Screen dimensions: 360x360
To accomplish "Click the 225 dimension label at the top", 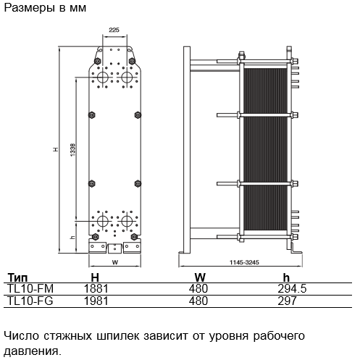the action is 114,30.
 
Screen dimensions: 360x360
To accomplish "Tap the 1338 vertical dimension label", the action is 72,150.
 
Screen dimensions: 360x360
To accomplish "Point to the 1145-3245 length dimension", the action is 244,262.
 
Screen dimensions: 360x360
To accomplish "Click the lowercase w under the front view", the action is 115,262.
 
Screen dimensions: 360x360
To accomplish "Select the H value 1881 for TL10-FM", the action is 96,289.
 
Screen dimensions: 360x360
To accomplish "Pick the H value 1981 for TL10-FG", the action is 96,301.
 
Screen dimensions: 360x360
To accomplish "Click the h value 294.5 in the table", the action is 292,289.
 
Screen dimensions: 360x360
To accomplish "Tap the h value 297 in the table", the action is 287,301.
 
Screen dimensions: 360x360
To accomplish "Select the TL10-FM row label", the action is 30,289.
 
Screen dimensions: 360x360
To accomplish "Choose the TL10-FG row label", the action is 30,301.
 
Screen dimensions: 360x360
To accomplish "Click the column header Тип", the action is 17,277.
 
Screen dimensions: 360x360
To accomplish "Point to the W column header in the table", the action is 200,277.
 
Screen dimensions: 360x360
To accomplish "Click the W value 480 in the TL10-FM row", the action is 198,289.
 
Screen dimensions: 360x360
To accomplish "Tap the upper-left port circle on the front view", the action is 103,77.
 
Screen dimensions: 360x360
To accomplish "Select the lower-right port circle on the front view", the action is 126,221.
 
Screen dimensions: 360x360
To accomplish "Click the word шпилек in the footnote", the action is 118,336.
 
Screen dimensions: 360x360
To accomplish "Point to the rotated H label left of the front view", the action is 56,150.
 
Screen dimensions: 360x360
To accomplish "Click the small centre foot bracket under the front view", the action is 114,248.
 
